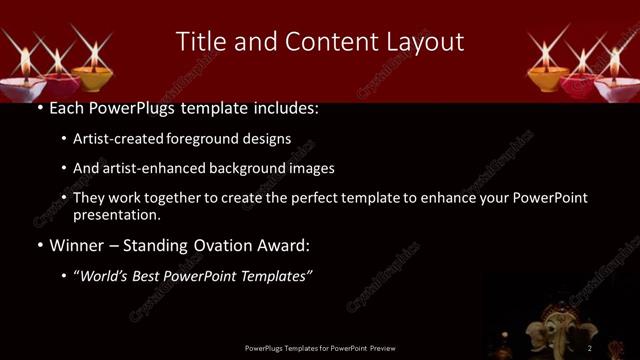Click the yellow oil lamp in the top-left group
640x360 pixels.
click(94, 74)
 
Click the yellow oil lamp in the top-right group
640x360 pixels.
click(546, 74)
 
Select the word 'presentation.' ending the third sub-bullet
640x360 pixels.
click(116, 214)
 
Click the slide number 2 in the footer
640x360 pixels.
click(590, 348)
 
